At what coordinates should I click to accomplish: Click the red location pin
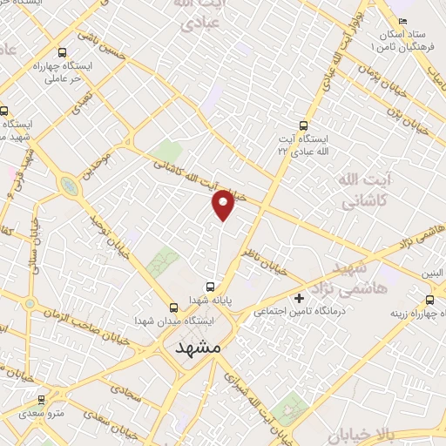224,205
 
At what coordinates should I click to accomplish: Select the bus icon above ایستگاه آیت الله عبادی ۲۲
304,125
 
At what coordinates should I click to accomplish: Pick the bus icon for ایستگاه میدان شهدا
172,307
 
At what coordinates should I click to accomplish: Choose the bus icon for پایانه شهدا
210,286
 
